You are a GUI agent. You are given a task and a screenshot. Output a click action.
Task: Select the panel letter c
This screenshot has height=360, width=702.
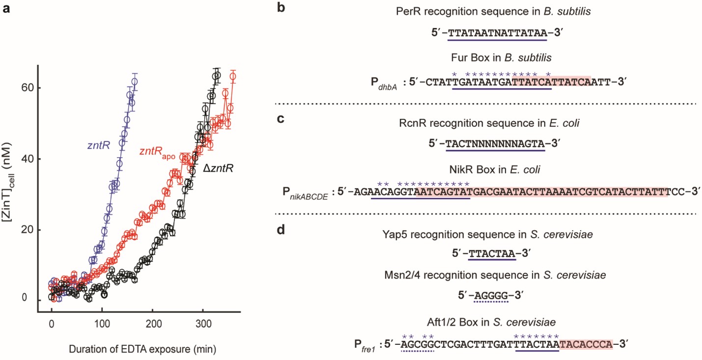click(x=279, y=119)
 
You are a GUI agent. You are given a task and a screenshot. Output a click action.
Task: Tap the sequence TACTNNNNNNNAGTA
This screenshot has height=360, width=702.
click(x=498, y=143)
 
